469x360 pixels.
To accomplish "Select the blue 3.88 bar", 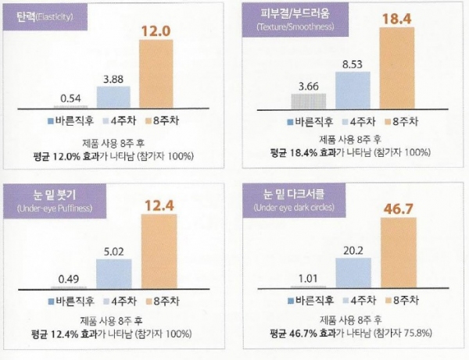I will point(114,96).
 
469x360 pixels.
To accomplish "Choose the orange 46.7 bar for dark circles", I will point(401,253).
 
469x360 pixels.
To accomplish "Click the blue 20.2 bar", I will point(356,271).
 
